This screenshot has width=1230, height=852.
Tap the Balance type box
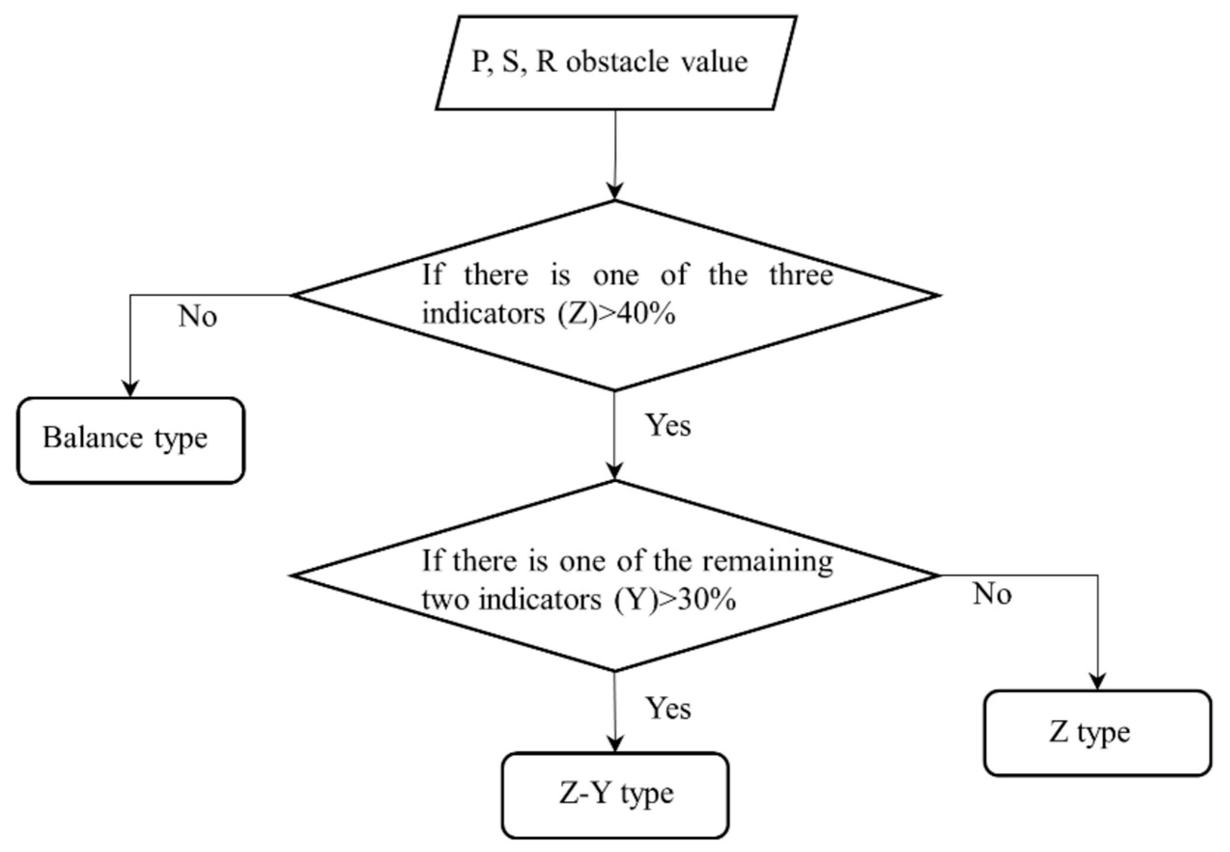pos(131,440)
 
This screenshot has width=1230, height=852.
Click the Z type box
pos(1098,732)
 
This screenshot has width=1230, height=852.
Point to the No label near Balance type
pos(197,316)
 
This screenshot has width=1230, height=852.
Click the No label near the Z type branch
pos(992,593)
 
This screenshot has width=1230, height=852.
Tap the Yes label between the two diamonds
pos(668,426)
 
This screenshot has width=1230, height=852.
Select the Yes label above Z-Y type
pos(668,708)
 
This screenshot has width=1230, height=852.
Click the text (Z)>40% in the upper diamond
pos(616,314)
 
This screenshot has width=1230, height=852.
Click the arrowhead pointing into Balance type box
pos(130,389)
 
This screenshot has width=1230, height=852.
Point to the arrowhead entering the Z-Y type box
pos(615,743)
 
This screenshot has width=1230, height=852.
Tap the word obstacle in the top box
pos(617,62)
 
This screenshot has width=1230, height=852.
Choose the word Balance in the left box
pos(92,438)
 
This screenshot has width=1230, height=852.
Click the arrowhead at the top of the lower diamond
pos(615,471)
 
